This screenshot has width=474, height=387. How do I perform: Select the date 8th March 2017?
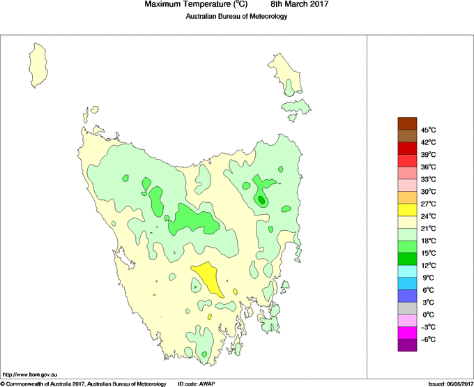(300, 5)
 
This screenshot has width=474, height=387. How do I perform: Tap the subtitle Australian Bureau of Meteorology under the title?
(236, 16)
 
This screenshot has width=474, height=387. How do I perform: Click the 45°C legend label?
(429, 130)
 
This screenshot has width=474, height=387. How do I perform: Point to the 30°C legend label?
(429, 192)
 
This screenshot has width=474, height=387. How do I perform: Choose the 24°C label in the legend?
(429, 216)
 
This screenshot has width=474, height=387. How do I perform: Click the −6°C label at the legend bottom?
(429, 340)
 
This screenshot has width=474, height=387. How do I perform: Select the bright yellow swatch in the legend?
(407, 210)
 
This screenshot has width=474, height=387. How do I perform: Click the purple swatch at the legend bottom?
(407, 345)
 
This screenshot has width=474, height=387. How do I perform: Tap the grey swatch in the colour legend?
(407, 308)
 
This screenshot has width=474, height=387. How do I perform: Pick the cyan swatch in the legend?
(407, 271)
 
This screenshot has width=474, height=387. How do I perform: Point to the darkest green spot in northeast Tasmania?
(261, 199)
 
